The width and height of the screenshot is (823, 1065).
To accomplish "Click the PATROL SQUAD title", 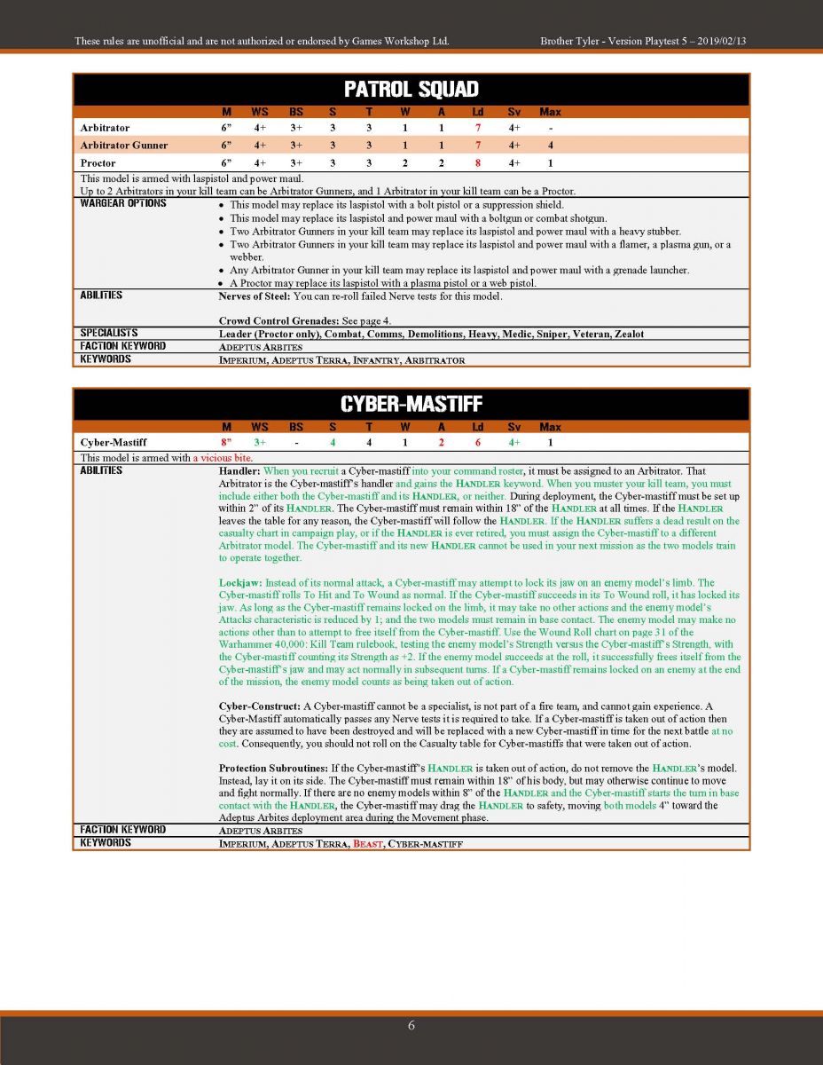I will pyautogui.click(x=411, y=89).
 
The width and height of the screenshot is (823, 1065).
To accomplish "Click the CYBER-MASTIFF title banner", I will pyautogui.click(x=411, y=404).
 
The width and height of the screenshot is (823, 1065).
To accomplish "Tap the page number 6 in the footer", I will pyautogui.click(x=411, y=1025).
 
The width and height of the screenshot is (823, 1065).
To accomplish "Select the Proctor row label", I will pyautogui.click(x=98, y=163).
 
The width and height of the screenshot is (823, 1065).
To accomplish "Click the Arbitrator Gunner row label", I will pyautogui.click(x=123, y=146).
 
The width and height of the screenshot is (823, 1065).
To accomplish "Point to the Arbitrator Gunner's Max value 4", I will pyautogui.click(x=550, y=146).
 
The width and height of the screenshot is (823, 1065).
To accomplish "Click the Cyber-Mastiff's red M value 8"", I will pyautogui.click(x=226, y=442).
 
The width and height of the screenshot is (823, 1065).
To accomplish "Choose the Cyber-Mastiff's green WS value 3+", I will pyautogui.click(x=260, y=442).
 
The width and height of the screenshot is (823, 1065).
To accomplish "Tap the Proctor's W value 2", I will pyautogui.click(x=405, y=163).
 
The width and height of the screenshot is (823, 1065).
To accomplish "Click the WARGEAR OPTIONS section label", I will pyautogui.click(x=123, y=203).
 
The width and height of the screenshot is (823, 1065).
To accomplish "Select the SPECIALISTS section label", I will pyautogui.click(x=110, y=333).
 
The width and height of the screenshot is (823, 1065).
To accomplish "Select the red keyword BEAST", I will pyautogui.click(x=367, y=843).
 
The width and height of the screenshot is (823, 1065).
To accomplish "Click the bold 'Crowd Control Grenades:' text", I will pyautogui.click(x=275, y=320).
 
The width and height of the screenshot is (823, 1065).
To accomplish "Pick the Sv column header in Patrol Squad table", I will pyautogui.click(x=513, y=112).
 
